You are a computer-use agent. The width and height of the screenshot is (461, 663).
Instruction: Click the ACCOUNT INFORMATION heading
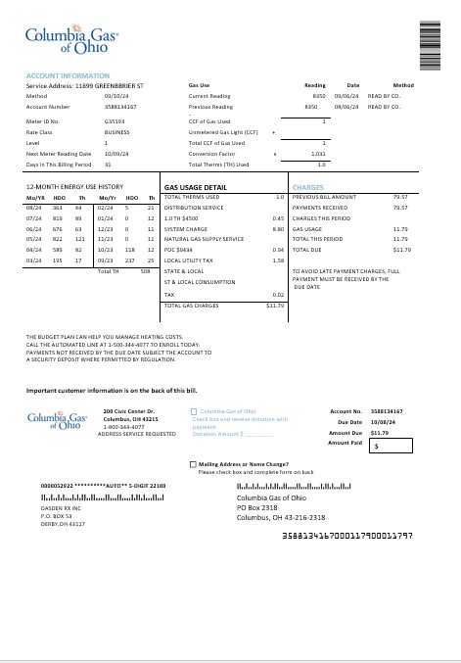coord(68,75)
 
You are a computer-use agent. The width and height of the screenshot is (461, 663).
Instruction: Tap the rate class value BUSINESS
coord(116,132)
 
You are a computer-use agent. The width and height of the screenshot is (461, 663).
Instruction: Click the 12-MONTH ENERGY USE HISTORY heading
coord(74,186)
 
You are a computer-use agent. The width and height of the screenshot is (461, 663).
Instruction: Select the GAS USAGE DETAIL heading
coord(196,186)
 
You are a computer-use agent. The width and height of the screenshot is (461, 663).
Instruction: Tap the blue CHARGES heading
coord(308,186)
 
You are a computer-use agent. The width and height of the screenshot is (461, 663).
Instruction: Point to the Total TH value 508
coord(145,271)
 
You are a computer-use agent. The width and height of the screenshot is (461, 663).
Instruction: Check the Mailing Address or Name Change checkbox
coord(193,463)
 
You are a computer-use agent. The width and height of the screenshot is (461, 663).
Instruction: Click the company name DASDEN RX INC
coord(61,508)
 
